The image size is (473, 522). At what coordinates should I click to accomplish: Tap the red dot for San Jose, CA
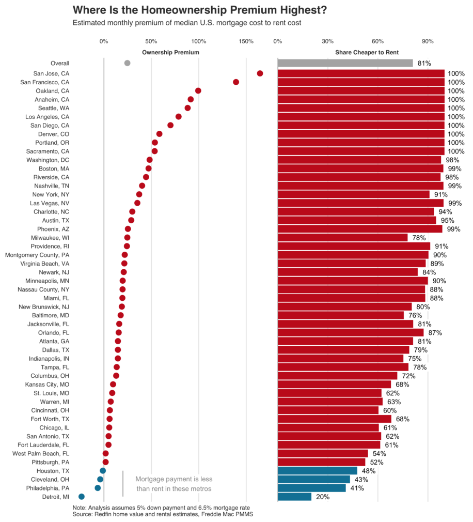pyautogui.click(x=260, y=73)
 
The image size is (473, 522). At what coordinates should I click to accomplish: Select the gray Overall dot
pyautogui.click(x=127, y=63)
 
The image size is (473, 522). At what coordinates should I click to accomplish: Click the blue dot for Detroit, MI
pyautogui.click(x=82, y=497)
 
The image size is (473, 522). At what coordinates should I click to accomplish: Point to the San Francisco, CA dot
pyautogui.click(x=236, y=82)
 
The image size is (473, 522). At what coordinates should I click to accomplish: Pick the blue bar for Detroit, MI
pyautogui.click(x=294, y=497)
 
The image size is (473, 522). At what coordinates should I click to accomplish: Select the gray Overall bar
pyautogui.click(x=345, y=63)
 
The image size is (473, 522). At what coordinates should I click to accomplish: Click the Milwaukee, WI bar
pyautogui.click(x=342, y=238)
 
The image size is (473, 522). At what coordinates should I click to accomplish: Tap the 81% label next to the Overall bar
pyautogui.click(x=424, y=64)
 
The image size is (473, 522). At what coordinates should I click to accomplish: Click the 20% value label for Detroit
pyautogui.click(x=323, y=497)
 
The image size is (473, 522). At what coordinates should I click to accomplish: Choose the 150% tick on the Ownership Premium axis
pyautogui.click(x=246, y=41)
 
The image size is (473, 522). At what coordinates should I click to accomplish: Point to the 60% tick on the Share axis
pyautogui.click(x=377, y=41)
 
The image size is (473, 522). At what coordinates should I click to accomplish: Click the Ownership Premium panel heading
pyautogui.click(x=170, y=53)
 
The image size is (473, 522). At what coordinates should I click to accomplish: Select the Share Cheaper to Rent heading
pyautogui.click(x=367, y=53)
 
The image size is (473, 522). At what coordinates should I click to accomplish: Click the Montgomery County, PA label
pyautogui.click(x=37, y=255)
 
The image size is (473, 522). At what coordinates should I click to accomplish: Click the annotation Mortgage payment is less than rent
pyautogui.click(x=174, y=484)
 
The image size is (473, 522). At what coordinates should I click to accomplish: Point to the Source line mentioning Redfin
pyautogui.click(x=163, y=514)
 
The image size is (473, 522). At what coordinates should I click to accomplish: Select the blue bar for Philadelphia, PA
pyautogui.click(x=311, y=488)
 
